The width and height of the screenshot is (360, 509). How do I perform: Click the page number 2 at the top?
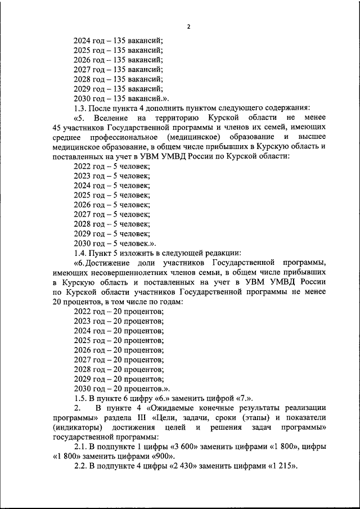(188, 26)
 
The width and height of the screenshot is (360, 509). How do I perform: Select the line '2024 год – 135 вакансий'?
(118, 40)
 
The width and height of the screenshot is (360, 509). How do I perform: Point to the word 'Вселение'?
(110, 118)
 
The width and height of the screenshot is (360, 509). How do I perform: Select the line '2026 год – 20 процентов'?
(118, 350)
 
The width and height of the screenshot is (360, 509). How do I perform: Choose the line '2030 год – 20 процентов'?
(121, 388)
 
